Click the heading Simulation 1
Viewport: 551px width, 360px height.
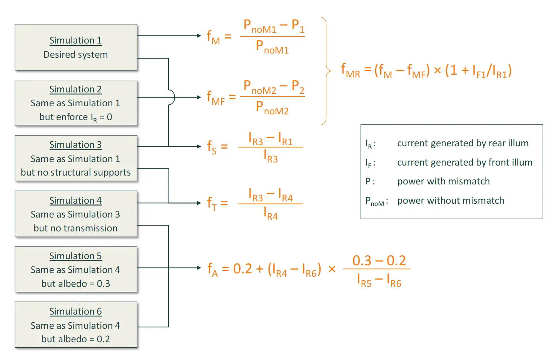[75, 40]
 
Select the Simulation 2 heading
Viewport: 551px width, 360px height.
[75, 89]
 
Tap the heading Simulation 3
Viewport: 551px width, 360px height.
[75, 145]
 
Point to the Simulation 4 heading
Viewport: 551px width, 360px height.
[75, 201]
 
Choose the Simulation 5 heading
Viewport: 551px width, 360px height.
[75, 256]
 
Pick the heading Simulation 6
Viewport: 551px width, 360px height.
[75, 311]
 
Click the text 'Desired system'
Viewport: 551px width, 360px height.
[75, 55]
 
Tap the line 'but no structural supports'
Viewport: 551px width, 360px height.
[75, 172]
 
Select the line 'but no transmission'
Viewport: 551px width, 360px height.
[75, 228]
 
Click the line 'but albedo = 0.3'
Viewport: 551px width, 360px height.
[75, 284]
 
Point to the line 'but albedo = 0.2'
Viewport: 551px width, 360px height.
[75, 339]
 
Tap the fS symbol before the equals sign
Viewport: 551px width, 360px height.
[212, 147]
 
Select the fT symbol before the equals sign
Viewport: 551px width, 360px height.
[212, 203]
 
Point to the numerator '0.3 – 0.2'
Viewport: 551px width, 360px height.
[379, 261]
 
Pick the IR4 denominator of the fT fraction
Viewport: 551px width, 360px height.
[270, 213]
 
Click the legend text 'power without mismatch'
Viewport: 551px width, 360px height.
[451, 201]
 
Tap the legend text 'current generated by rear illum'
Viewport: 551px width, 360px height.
[463, 143]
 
